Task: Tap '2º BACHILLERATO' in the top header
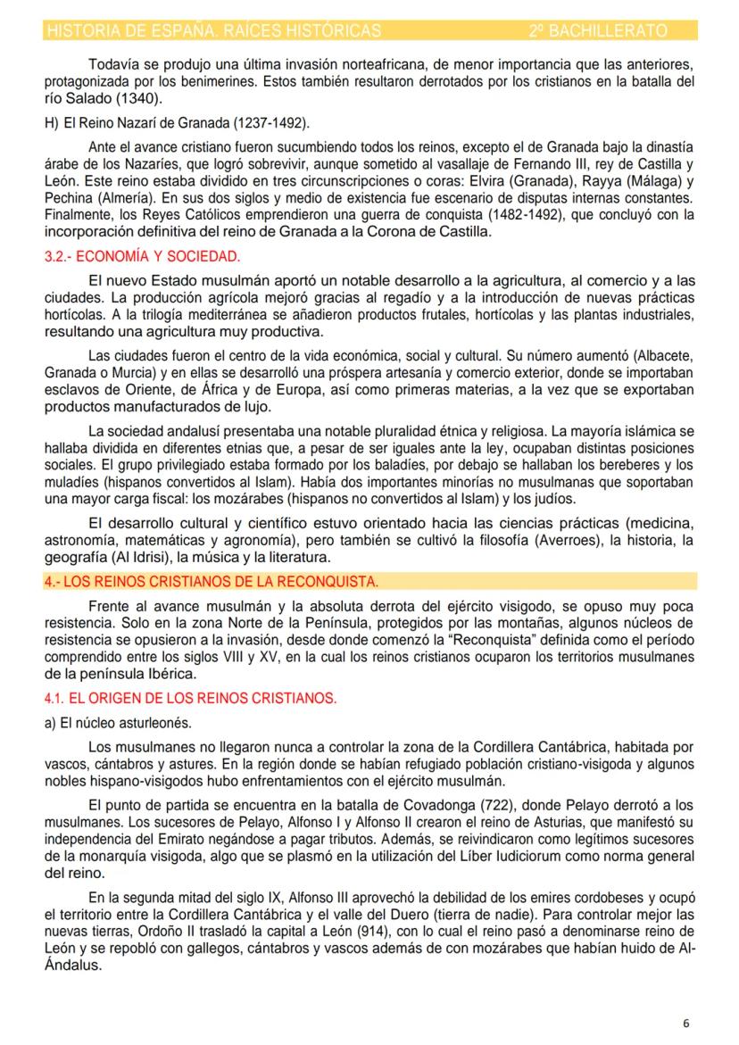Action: [597, 30]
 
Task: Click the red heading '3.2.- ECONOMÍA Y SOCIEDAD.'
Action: [142, 257]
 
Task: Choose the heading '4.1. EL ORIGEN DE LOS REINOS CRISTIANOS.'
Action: [190, 698]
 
